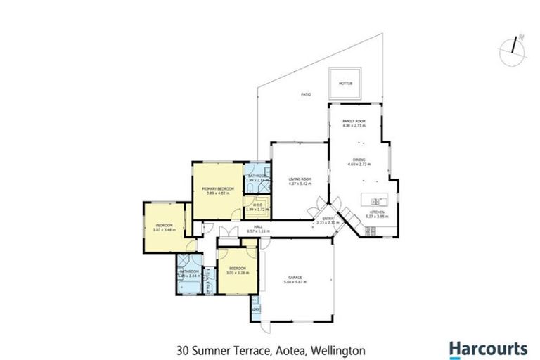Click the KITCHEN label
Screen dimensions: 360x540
(x=378, y=212)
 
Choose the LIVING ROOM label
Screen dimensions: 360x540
(x=300, y=180)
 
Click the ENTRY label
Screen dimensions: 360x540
(x=328, y=219)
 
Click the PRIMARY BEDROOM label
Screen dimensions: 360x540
(x=217, y=189)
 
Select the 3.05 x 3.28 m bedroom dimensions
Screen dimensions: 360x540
(x=236, y=273)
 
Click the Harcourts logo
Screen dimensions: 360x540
(x=488, y=348)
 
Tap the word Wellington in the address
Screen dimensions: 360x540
(x=339, y=349)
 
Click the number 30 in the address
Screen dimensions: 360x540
(x=181, y=349)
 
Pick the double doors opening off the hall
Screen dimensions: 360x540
(x=226, y=234)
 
